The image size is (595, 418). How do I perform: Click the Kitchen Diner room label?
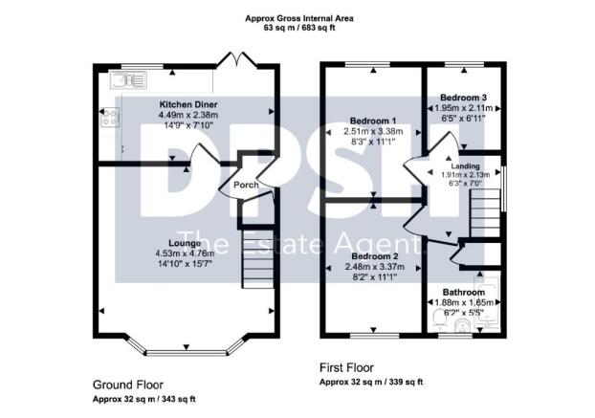click(x=188, y=104)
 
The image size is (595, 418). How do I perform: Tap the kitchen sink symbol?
click(x=128, y=80)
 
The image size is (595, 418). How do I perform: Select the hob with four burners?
click(x=110, y=117)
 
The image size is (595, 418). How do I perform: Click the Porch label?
click(x=246, y=186)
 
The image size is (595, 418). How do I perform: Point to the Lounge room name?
click(x=185, y=243)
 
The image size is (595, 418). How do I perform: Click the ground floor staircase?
click(x=258, y=258)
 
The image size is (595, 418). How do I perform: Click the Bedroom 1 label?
click(x=373, y=121)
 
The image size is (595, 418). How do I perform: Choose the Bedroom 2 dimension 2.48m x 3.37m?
click(x=375, y=267)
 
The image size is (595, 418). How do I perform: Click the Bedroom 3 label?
click(x=463, y=98)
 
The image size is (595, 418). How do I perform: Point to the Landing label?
click(x=465, y=166)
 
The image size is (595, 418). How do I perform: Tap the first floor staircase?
click(x=486, y=213)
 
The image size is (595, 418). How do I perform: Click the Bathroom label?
click(x=464, y=293)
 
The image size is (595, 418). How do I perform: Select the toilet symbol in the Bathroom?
click(x=463, y=326)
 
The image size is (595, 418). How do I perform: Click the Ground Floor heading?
click(x=128, y=385)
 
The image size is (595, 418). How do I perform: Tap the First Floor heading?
click(x=346, y=367)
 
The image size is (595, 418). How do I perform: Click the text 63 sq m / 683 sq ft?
click(x=299, y=28)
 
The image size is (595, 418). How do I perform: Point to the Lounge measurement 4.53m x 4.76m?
click(x=185, y=253)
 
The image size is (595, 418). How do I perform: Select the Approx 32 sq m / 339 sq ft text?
click(x=371, y=382)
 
